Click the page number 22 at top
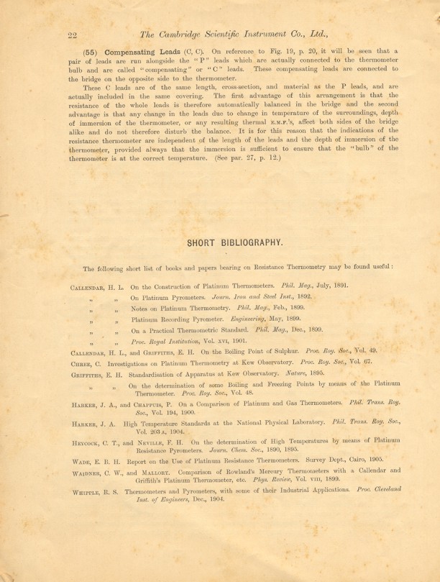coord(72,35)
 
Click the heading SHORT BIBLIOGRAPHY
coord(234,242)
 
